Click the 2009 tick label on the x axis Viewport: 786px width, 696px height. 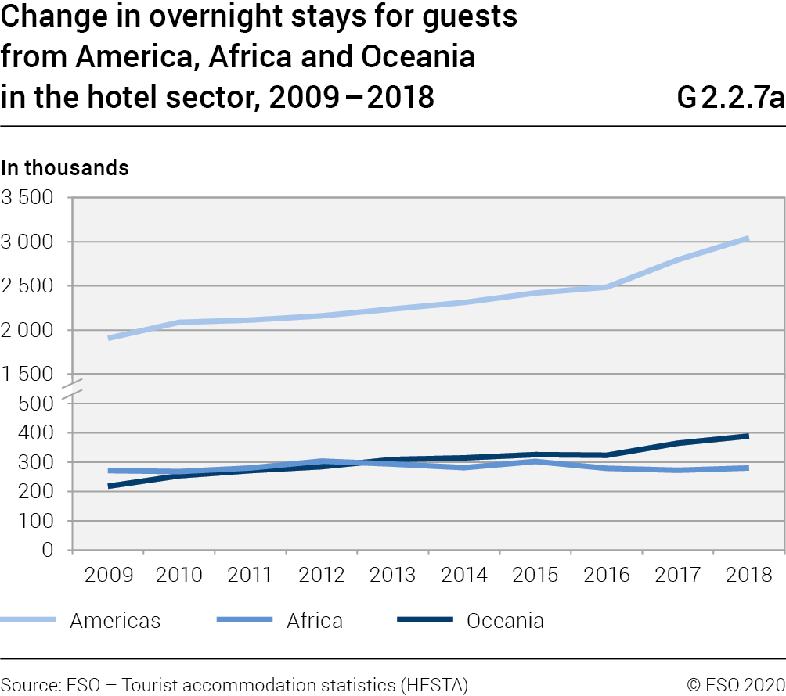click(x=108, y=576)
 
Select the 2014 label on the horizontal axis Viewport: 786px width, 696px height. click(x=464, y=576)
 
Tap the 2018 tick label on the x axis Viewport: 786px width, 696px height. click(x=749, y=576)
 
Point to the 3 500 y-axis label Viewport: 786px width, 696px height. click(x=27, y=198)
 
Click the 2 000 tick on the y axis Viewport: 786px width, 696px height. click(x=27, y=330)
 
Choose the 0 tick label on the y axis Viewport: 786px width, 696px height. click(x=49, y=550)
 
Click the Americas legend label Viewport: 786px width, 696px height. click(x=115, y=621)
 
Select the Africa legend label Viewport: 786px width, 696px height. click(x=315, y=621)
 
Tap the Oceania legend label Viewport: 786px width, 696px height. click(x=505, y=621)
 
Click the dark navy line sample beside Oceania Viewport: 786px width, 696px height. click(x=425, y=620)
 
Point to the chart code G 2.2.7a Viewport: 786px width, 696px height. click(x=730, y=99)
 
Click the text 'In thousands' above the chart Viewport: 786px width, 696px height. click(x=65, y=167)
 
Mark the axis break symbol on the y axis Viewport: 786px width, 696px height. click(x=72, y=389)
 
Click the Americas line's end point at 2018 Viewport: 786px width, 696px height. click(x=748, y=239)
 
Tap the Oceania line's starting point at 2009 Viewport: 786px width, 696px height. click(x=109, y=486)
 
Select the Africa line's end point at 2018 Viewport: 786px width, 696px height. click(x=748, y=468)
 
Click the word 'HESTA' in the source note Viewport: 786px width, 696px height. click(x=434, y=685)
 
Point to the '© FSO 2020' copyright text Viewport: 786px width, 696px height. click(x=736, y=685)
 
